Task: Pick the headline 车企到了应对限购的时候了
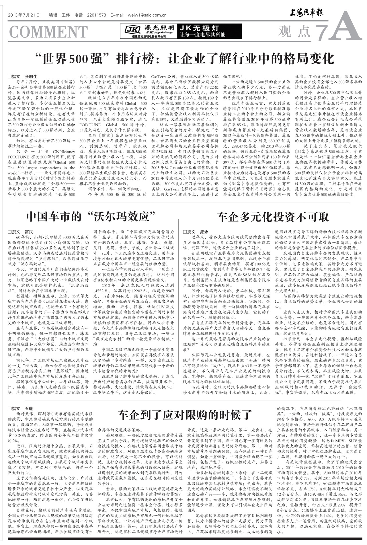coord(185,414)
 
